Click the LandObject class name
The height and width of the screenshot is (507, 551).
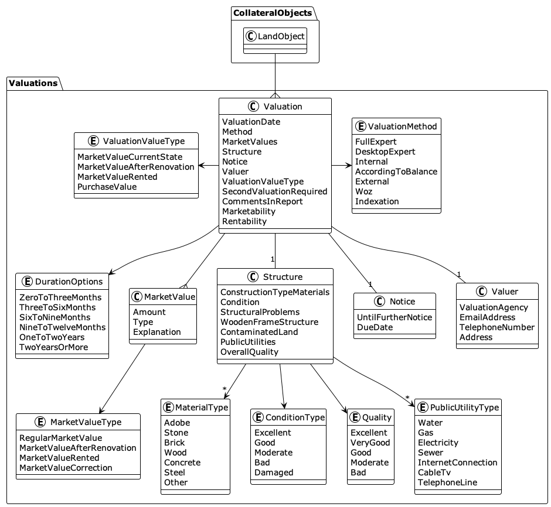click(x=280, y=36)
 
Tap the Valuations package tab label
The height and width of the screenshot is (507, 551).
click(x=33, y=83)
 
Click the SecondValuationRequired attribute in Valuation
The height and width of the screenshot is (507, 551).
click(x=274, y=191)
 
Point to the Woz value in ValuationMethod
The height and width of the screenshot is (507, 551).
click(x=363, y=191)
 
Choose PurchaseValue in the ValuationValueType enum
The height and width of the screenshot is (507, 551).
click(x=107, y=187)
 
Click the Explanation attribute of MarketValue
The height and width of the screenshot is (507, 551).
click(x=157, y=332)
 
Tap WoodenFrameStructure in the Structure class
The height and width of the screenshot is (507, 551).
click(x=269, y=322)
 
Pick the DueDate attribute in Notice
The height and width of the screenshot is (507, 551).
click(x=375, y=327)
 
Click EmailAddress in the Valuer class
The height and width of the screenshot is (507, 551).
click(x=487, y=317)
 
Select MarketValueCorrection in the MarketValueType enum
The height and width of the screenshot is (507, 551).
click(x=66, y=468)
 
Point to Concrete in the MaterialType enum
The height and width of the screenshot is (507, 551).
click(x=182, y=463)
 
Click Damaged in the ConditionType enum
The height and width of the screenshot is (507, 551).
click(x=273, y=472)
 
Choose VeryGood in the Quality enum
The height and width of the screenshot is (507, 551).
click(x=370, y=443)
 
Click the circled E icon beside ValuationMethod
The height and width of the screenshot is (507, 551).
click(x=360, y=127)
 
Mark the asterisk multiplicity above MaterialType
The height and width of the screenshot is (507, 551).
click(x=225, y=389)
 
